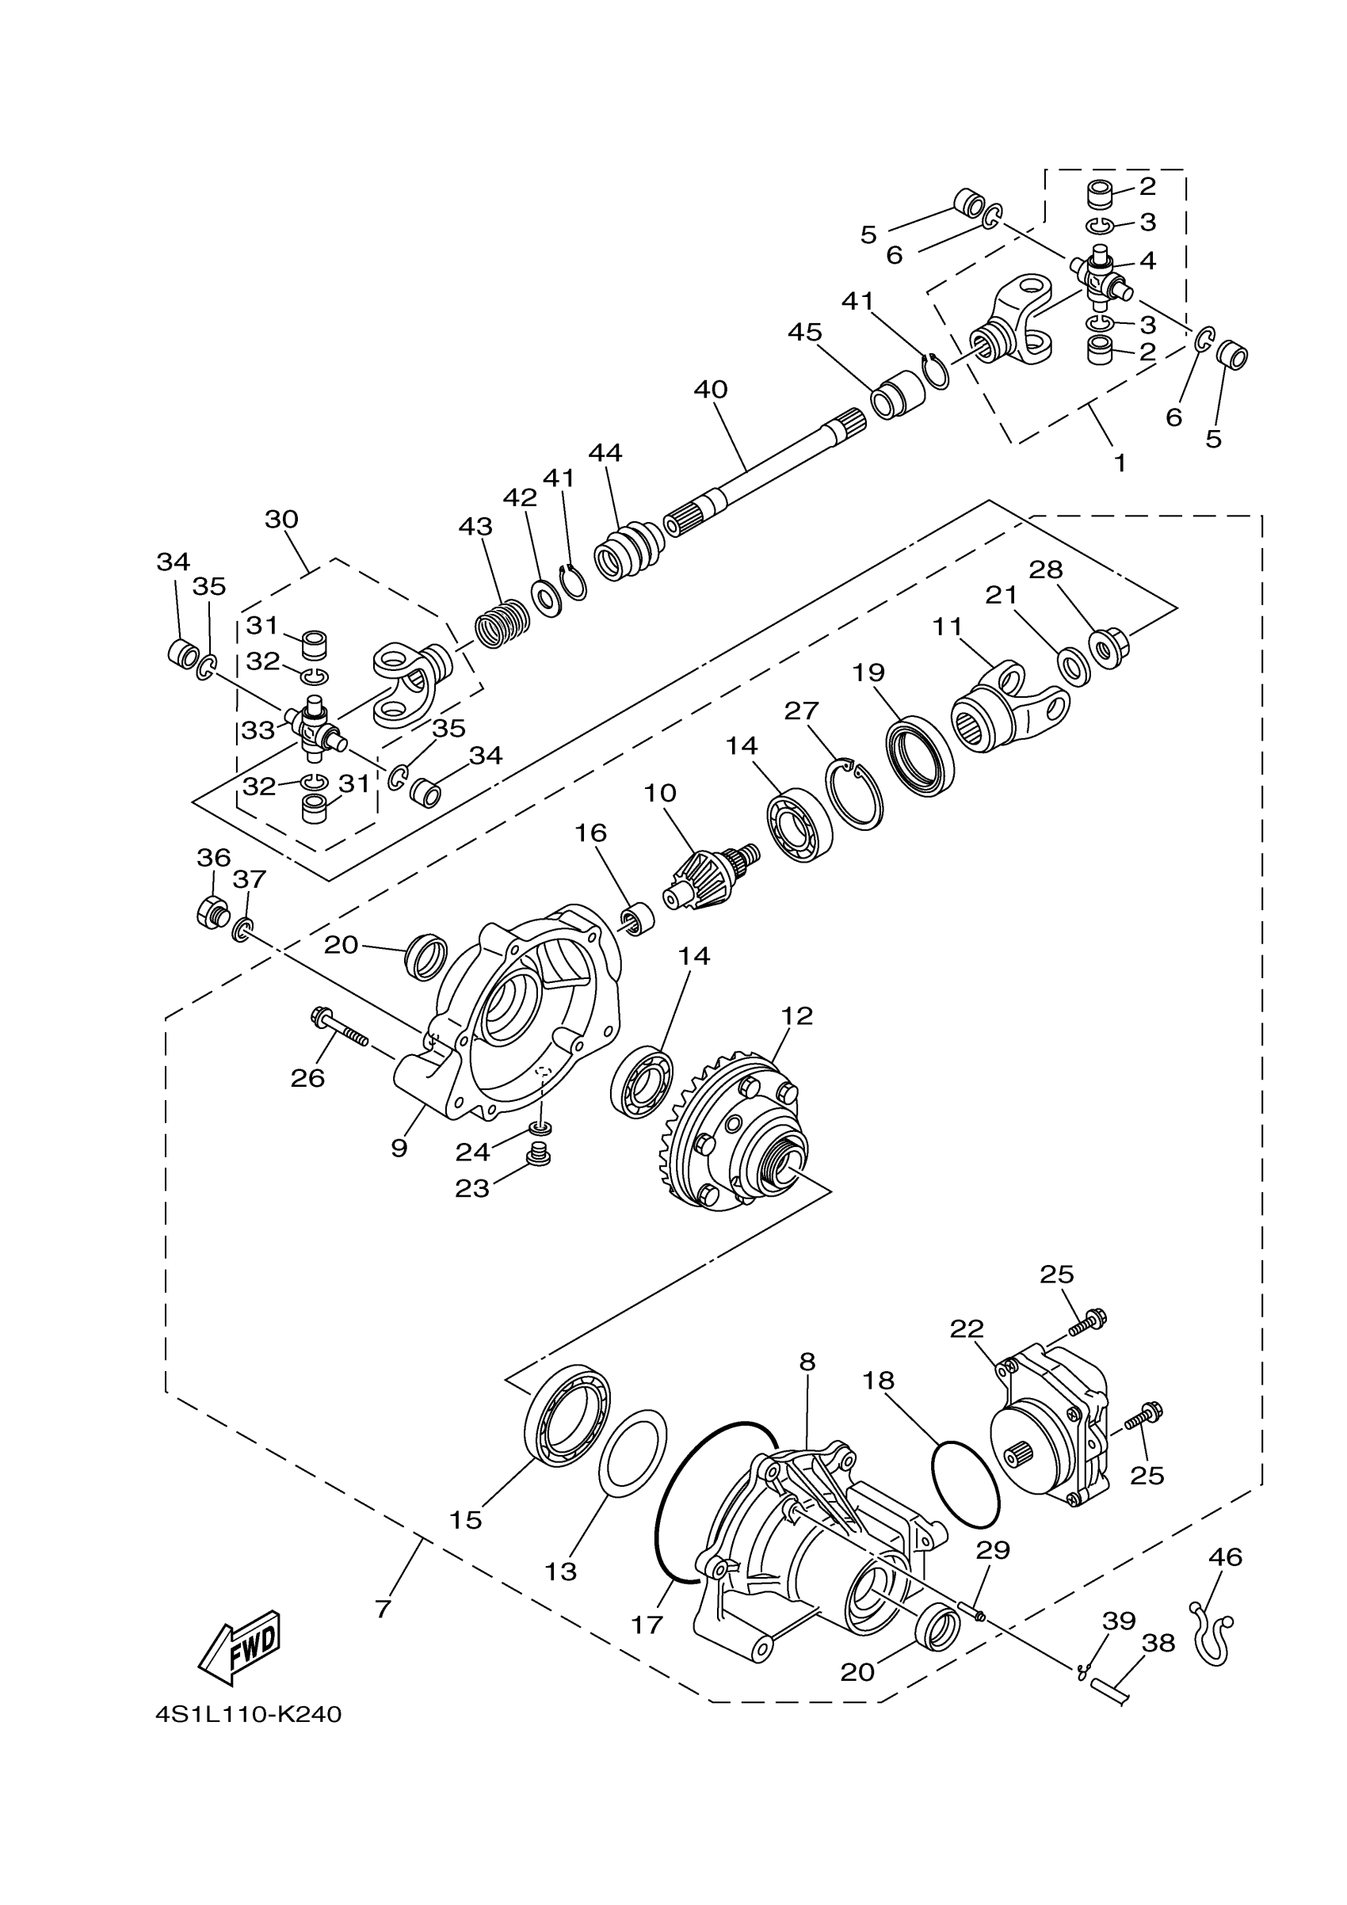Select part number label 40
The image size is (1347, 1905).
click(711, 389)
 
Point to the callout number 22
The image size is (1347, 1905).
click(967, 1329)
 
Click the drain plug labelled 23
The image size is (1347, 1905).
click(540, 1154)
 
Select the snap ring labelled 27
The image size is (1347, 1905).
click(854, 794)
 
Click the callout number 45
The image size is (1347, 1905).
click(804, 332)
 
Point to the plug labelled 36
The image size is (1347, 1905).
click(211, 912)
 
